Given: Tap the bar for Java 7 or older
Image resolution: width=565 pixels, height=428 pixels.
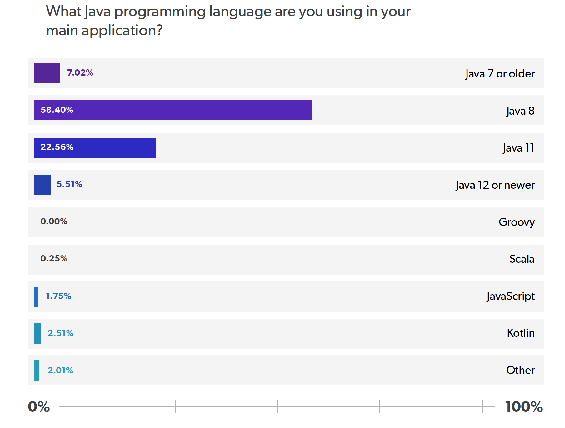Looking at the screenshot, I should point(47,73).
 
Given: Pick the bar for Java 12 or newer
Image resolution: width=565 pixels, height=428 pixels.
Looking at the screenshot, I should point(42,185).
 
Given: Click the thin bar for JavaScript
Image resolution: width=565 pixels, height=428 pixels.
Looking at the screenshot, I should point(36,297).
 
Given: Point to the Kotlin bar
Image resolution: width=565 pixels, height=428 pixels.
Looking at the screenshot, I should point(37,334).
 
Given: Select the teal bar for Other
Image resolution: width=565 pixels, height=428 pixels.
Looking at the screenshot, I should point(37,370).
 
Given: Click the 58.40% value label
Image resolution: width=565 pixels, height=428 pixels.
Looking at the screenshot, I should point(57,110).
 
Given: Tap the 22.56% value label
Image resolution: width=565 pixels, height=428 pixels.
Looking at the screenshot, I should point(57,147).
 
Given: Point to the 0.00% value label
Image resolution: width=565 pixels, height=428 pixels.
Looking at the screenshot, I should point(54,221).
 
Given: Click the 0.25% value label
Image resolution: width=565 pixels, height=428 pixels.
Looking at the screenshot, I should point(54,259).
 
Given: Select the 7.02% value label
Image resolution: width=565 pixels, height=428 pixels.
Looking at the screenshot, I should point(80,73).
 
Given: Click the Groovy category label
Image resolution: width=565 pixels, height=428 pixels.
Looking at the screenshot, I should point(516,222).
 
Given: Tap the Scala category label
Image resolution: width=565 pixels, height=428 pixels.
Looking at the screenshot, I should point(522,259).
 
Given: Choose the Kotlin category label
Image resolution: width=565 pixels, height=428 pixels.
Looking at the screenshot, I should point(520,333).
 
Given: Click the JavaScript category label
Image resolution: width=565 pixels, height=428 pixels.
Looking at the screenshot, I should point(510,296).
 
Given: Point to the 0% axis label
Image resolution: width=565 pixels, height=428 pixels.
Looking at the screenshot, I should point(39,407).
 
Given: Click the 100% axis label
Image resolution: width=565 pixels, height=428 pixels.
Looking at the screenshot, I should point(524,407).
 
